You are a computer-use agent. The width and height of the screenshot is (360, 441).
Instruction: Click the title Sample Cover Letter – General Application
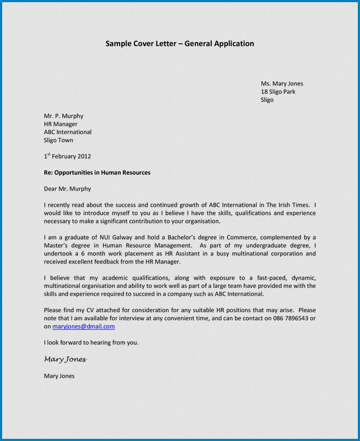click(180, 44)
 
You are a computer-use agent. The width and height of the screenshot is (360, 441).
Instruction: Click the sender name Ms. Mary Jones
click(282, 83)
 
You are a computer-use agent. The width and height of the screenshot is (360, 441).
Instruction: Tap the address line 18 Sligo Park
click(278, 91)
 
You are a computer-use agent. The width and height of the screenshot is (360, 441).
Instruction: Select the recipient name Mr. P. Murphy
click(63, 116)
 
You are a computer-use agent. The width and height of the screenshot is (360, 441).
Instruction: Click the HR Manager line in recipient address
click(61, 124)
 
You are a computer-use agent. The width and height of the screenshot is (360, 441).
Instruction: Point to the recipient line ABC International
click(68, 132)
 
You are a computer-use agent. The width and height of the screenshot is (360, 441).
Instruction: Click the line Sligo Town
click(58, 140)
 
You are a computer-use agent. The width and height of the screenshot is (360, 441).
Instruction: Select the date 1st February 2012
click(67, 156)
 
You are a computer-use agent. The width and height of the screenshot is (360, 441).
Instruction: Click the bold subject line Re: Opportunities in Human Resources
click(97, 173)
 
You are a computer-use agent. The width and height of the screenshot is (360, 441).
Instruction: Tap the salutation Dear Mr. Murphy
click(67, 189)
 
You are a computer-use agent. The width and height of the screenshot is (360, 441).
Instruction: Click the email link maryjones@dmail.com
click(83, 326)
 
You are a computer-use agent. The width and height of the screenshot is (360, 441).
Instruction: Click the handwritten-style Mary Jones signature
click(65, 359)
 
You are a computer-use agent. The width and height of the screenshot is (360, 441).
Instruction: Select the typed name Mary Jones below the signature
click(59, 376)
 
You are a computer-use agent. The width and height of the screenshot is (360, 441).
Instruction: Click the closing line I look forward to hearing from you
click(91, 343)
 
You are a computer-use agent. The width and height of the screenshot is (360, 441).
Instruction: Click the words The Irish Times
click(287, 205)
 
